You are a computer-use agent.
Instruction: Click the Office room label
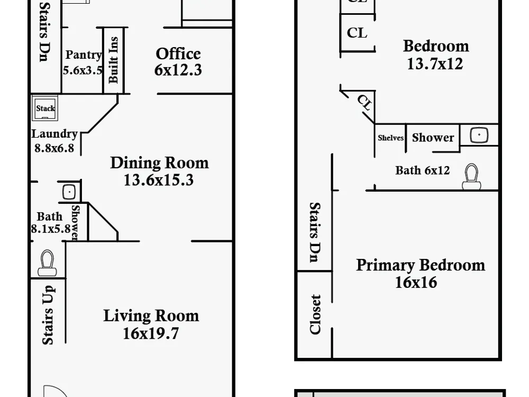(x=178, y=53)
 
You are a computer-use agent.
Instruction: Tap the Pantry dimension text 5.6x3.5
(x=83, y=70)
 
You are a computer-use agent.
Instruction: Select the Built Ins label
(x=113, y=60)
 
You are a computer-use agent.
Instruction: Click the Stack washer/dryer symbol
(x=45, y=108)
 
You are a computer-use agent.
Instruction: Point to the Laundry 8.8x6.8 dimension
(x=54, y=148)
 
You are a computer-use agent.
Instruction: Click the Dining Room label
(x=159, y=163)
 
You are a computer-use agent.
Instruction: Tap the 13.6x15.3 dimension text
(x=159, y=180)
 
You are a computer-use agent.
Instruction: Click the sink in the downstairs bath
(x=69, y=192)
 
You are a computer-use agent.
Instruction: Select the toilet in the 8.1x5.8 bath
(x=47, y=263)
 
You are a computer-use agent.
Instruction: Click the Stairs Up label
(x=48, y=315)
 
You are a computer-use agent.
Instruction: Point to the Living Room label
(x=151, y=316)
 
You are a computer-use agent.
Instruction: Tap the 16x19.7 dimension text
(x=150, y=333)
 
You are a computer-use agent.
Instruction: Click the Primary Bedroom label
(x=421, y=265)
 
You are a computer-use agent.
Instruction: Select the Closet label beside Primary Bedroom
(x=315, y=314)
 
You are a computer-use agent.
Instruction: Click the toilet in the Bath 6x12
(x=471, y=177)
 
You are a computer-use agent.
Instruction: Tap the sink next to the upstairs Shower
(x=479, y=134)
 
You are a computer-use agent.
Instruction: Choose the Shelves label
(x=391, y=138)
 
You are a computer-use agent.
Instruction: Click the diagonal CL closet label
(x=364, y=103)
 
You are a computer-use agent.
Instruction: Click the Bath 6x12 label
(x=422, y=170)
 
